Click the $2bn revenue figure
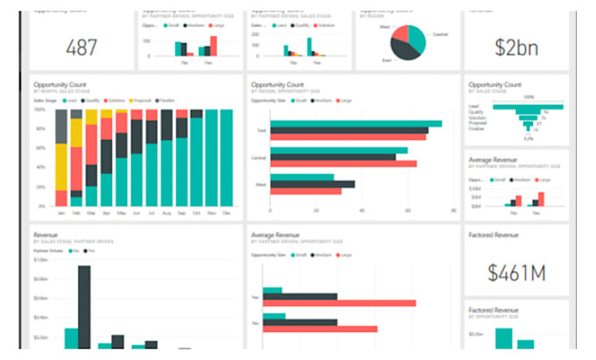click(x=516, y=46)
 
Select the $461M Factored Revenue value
click(x=516, y=272)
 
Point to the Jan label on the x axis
click(x=61, y=213)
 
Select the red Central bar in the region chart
click(x=343, y=164)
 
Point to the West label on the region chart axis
click(x=261, y=184)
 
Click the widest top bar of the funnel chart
click(x=528, y=106)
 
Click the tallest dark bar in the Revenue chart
click(x=84, y=307)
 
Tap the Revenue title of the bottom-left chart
click(x=46, y=236)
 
